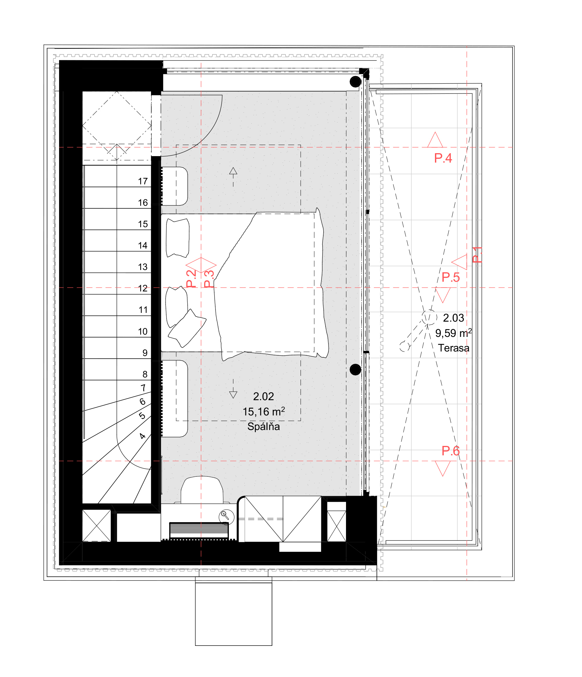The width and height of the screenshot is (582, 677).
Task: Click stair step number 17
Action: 143,181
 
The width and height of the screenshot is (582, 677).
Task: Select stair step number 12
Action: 143,289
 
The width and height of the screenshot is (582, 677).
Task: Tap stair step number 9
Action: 145,353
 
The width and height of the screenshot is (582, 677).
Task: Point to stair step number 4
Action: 142,436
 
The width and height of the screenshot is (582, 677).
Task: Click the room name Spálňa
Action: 263,426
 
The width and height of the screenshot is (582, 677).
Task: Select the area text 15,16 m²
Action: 263,412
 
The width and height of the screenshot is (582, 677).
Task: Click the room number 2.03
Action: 453,318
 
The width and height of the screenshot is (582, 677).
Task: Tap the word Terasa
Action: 453,348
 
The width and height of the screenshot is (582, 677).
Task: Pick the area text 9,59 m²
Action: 453,333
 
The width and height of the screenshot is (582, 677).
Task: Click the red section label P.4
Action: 443,158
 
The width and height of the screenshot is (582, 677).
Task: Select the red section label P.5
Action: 451,277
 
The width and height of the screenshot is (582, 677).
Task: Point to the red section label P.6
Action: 451,451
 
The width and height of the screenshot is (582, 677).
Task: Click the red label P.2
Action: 191,279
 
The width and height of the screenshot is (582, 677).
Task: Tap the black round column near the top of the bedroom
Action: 355,82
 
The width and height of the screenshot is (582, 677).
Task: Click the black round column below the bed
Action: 355,370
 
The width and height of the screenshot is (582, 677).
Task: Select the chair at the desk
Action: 202,490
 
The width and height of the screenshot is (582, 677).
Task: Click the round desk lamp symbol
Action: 226,517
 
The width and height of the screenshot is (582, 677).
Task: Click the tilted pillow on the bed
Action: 187,328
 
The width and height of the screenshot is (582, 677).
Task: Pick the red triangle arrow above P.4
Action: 435,140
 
